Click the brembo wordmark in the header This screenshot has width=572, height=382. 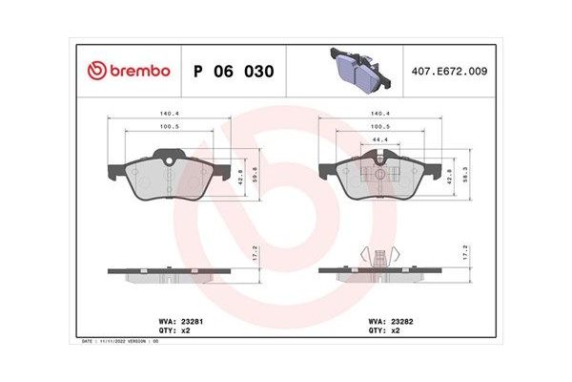point(141,71)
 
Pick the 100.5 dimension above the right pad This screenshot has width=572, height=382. point(381,126)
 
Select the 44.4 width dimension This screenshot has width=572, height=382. point(381,139)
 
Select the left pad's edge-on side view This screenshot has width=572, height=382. point(167,271)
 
